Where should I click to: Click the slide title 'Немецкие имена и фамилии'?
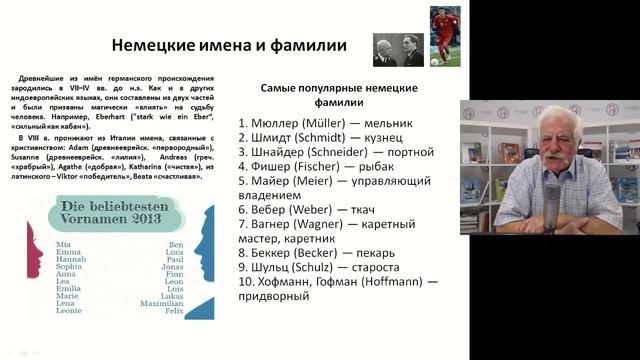pyautogui.click(x=229, y=45)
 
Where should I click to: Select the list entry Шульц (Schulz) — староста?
pyautogui.click(x=319, y=268)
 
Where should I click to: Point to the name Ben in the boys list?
pyautogui.click(x=177, y=244)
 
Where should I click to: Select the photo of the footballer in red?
pyautogui.click(x=445, y=36)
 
